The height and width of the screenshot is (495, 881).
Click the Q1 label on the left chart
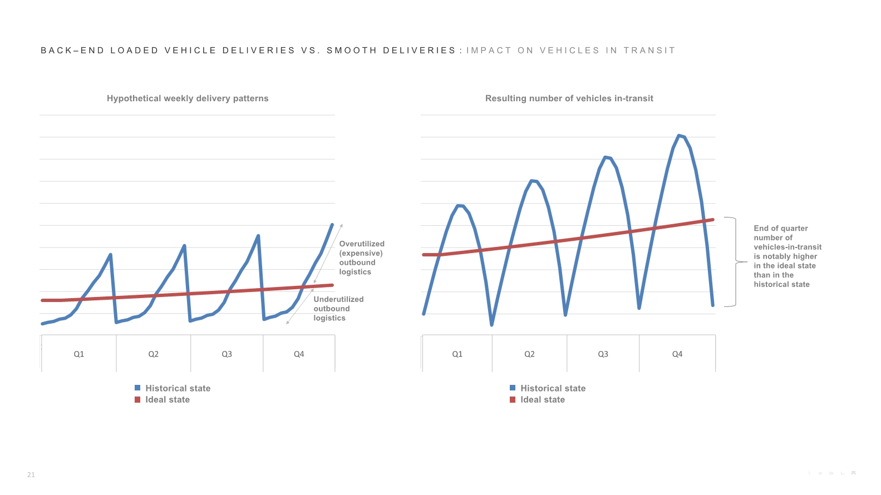tap(79, 354)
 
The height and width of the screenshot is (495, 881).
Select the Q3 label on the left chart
tap(227, 354)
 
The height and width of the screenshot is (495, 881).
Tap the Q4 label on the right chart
tap(677, 354)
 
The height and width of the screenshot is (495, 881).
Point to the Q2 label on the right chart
tap(529, 354)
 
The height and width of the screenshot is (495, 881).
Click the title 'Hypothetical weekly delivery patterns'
tap(188, 98)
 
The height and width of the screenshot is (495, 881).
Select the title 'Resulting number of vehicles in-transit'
tap(569, 98)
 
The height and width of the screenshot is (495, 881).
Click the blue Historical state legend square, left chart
tap(137, 388)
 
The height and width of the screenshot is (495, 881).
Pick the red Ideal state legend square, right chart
tap(513, 399)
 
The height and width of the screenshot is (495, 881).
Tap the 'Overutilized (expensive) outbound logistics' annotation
tap(362, 258)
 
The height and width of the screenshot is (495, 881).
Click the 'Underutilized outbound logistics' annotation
tap(338, 309)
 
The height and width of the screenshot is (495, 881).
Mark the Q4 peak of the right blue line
tap(679, 135)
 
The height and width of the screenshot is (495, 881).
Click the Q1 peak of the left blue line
tap(110, 255)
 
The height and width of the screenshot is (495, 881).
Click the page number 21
tap(31, 475)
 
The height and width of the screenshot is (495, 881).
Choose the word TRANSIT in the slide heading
tap(649, 51)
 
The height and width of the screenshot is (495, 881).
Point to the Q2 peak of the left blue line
tap(184, 245)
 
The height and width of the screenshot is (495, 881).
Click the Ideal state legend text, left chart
tap(168, 399)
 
